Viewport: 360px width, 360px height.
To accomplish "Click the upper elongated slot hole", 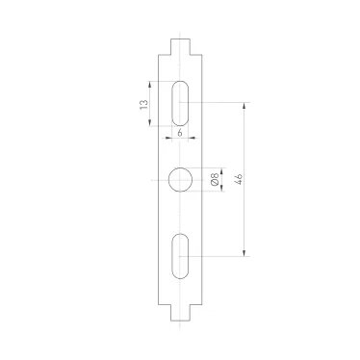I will click(180, 101).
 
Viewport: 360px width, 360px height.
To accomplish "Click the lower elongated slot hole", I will click(180, 256).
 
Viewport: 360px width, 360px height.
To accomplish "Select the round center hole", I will click(180, 179).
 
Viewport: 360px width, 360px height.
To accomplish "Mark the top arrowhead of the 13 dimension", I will click(152, 84).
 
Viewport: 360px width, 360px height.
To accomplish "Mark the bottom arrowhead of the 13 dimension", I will click(152, 119).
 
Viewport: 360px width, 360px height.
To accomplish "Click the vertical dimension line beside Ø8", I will click(222, 179).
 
